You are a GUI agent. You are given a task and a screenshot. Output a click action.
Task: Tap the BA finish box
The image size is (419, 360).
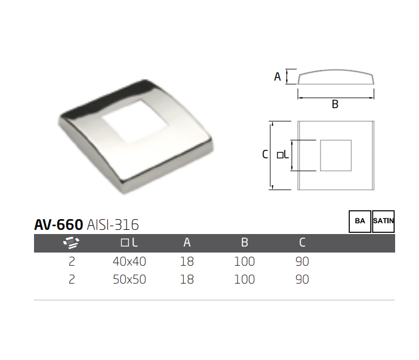pyautogui.click(x=360, y=221)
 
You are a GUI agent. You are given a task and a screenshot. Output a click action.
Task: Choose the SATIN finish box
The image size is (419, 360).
pyautogui.click(x=383, y=221)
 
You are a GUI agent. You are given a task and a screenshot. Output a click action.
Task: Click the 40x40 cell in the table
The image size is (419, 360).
pyautogui.click(x=129, y=261)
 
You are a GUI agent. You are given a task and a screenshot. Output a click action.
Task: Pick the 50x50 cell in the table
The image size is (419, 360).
pyautogui.click(x=129, y=279)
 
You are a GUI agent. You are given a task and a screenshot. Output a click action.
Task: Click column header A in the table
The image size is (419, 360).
pyautogui.click(x=187, y=242)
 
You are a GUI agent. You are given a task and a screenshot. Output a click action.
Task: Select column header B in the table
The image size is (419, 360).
pyautogui.click(x=244, y=242)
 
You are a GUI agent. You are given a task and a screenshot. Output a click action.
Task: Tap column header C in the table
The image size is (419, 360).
pyautogui.click(x=302, y=242)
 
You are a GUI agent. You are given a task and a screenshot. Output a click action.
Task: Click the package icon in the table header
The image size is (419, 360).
pyautogui.click(x=72, y=242)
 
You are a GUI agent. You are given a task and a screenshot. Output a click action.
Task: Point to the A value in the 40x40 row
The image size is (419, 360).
pyautogui.click(x=187, y=261)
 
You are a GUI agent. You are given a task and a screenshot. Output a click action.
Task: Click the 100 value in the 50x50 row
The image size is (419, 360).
pyautogui.click(x=244, y=279)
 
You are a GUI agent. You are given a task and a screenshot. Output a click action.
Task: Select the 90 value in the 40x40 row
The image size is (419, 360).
pyautogui.click(x=302, y=261)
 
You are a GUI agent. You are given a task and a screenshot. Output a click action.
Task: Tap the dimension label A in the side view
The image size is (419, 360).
pyautogui.click(x=277, y=76)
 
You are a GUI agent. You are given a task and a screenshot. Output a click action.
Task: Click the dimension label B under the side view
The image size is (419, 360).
pyautogui.click(x=335, y=104)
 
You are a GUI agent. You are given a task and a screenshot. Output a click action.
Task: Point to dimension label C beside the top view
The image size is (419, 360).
pyautogui.click(x=265, y=155)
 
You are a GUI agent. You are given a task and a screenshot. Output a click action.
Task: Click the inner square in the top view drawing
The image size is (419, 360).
pyautogui.click(x=335, y=155)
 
